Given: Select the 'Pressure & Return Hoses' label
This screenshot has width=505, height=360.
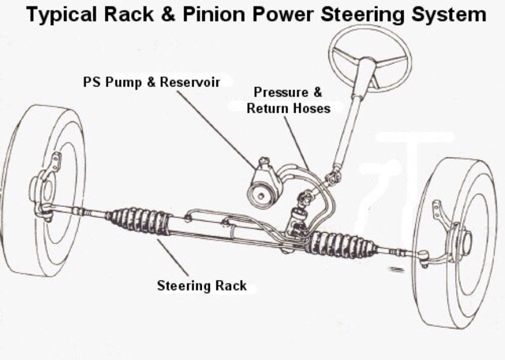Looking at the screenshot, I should (288, 100).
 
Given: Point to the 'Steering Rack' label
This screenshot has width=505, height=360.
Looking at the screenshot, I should (201, 285).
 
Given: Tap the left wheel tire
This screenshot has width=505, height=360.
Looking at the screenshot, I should (43, 189).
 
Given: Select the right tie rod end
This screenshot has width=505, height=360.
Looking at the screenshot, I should (423, 255).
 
